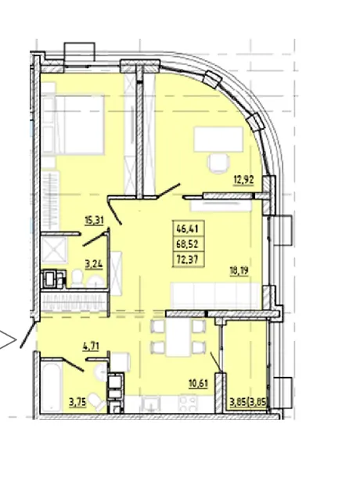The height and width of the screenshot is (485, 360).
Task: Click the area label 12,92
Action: (243, 179)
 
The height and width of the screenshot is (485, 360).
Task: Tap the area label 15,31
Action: (94, 221)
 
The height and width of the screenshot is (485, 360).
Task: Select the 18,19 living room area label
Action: (239, 271)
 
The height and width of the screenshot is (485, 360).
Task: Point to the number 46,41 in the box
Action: (187, 229)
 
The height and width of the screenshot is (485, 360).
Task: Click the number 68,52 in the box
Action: (187, 244)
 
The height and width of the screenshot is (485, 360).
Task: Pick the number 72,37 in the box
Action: (187, 259)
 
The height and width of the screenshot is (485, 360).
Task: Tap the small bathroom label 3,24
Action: (94, 264)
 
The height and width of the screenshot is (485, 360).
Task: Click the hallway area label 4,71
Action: (91, 347)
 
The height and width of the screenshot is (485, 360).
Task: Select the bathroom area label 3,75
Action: (77, 402)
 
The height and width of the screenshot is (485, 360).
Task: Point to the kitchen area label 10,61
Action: (199, 383)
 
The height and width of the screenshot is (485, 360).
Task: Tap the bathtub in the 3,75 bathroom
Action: (52, 386)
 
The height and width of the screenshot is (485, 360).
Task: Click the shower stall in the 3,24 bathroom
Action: (54, 250)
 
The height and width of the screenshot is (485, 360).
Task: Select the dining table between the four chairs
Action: (178, 337)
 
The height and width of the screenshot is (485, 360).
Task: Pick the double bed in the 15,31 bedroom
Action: (74, 124)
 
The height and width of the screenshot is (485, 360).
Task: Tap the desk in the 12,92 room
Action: (218, 139)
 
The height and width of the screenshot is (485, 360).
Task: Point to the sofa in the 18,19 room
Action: (215, 296)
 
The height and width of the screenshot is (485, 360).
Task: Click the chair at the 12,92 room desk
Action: (219, 163)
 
